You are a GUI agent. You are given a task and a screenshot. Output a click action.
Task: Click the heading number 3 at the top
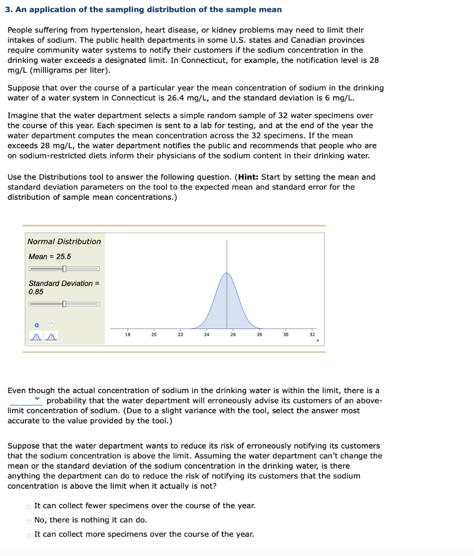pyautogui.click(x=10, y=10)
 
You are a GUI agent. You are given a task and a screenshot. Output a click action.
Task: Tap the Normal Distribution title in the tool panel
pyautogui.click(x=64, y=241)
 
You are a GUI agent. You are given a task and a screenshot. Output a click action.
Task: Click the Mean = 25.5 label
pyautogui.click(x=49, y=256)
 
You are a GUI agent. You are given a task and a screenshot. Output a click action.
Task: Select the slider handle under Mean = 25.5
pyautogui.click(x=64, y=269)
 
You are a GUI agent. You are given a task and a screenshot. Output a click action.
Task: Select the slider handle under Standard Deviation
pyautogui.click(x=64, y=304)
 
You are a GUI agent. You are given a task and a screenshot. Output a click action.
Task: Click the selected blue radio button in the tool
pyautogui.click(x=37, y=325)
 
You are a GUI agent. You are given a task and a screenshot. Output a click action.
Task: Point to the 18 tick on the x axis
pyautogui.click(x=127, y=334)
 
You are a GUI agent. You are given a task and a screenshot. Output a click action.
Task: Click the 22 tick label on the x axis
pyautogui.click(x=180, y=334)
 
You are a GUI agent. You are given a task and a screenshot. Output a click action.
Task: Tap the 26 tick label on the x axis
pyautogui.click(x=233, y=334)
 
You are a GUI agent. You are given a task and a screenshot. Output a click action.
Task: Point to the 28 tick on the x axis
pyautogui.click(x=259, y=334)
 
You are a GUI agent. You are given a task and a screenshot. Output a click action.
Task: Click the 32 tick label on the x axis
pyautogui.click(x=312, y=334)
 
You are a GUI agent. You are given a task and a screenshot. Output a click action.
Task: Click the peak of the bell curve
pyautogui.click(x=227, y=273)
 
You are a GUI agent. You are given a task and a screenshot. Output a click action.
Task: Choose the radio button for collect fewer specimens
pyautogui.click(x=29, y=507)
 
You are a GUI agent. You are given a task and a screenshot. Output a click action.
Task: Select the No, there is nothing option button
pyautogui.click(x=29, y=521)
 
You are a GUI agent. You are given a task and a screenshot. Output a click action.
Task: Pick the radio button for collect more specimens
pyautogui.click(x=29, y=535)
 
